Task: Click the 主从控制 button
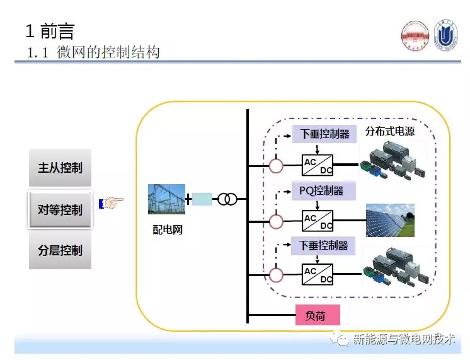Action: [60, 168]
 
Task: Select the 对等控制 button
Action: [60, 210]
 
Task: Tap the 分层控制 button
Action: [60, 250]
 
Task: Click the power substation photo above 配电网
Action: [166, 199]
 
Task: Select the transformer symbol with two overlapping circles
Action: [227, 200]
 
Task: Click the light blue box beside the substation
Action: [202, 200]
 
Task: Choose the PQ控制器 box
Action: [323, 190]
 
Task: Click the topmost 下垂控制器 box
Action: [323, 134]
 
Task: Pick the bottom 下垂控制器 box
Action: [323, 245]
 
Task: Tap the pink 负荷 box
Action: [318, 315]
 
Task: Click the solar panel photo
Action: [390, 220]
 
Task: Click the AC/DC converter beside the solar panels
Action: [318, 221]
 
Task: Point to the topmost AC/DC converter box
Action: [318, 166]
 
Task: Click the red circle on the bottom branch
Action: [276, 275]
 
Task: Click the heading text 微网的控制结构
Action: [108, 52]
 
